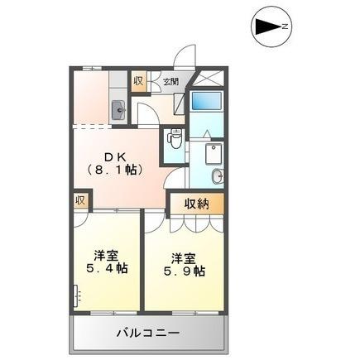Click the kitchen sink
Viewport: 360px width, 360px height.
[118, 108]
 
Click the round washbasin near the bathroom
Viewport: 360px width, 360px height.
[218, 175]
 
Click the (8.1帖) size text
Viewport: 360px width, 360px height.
[116, 170]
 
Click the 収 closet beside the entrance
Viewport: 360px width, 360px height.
[138, 81]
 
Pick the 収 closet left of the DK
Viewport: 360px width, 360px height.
[80, 201]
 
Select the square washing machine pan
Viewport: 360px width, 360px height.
[214, 153]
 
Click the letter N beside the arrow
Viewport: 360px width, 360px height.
[285, 28]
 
